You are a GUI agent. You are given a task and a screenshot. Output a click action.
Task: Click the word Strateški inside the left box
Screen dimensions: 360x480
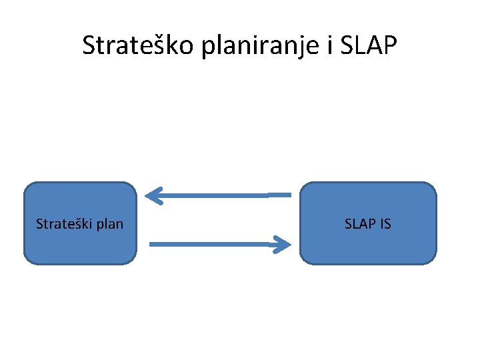pyautogui.click(x=64, y=224)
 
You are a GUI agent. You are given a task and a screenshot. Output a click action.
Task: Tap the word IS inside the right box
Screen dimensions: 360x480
pyautogui.click(x=385, y=224)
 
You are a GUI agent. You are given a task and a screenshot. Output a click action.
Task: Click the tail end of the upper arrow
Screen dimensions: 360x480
pyautogui.click(x=288, y=195)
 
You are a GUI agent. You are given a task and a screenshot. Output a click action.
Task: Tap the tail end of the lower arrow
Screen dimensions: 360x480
pyautogui.click(x=153, y=245)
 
